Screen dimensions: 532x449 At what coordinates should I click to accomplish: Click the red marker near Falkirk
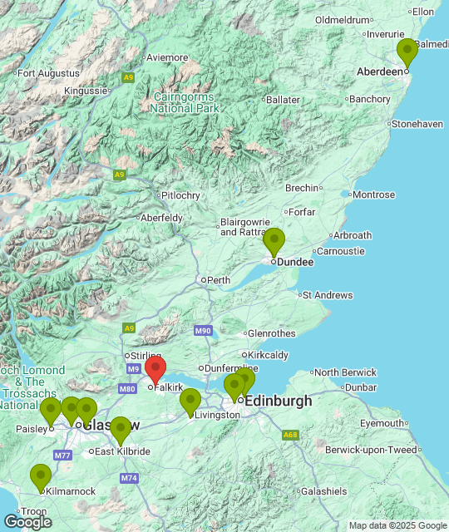155,369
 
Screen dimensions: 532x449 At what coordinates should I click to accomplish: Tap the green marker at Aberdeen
407,52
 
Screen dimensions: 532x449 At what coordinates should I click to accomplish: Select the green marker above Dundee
274,241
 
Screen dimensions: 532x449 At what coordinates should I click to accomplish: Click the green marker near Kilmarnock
41,477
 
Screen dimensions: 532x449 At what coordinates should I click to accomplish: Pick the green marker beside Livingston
190,401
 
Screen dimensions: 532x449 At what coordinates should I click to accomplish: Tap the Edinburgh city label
279,401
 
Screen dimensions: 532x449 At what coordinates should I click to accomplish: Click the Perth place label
219,280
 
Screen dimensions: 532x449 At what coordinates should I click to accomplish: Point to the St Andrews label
328,295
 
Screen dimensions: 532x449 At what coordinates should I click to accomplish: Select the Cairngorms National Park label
185,102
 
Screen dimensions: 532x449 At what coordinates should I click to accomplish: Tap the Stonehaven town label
417,124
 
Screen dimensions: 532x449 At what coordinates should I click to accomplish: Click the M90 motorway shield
203,331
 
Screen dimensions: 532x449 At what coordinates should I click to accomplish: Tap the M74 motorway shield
129,478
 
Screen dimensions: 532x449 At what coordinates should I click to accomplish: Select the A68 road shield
290,434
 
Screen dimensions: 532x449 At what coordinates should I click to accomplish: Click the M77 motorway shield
62,456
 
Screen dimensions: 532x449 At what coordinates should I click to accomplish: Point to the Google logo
27,521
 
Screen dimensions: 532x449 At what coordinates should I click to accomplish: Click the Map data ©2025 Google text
397,525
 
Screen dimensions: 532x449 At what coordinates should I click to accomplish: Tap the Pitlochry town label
180,196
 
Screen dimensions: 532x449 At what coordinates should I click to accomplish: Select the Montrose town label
373,195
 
